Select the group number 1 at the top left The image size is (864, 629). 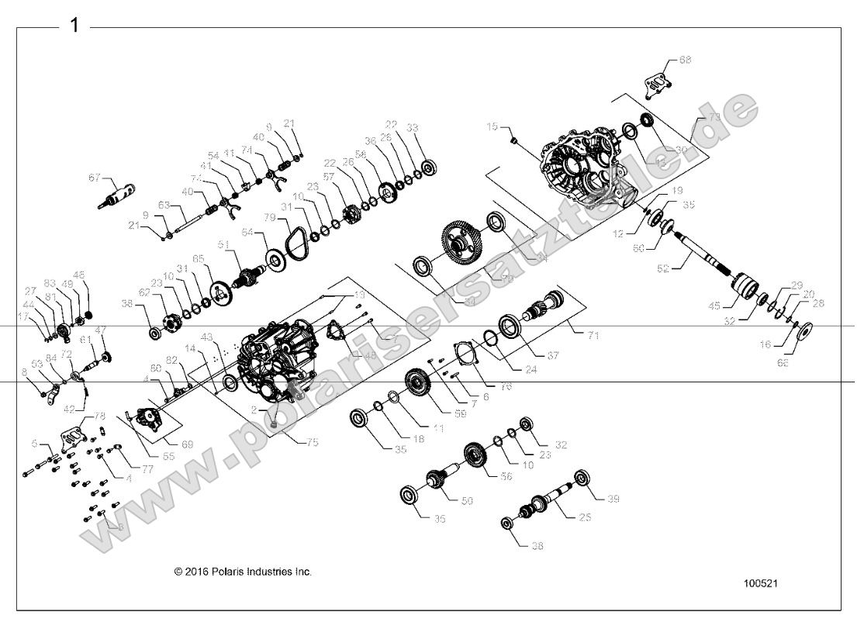pyautogui.click(x=74, y=26)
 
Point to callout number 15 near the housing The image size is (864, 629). pyautogui.click(x=492, y=126)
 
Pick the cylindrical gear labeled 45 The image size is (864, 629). pyautogui.click(x=746, y=288)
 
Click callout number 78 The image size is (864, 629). pyautogui.click(x=99, y=416)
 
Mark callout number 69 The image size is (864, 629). pyautogui.click(x=188, y=444)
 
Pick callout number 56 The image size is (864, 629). pyautogui.click(x=506, y=477)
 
